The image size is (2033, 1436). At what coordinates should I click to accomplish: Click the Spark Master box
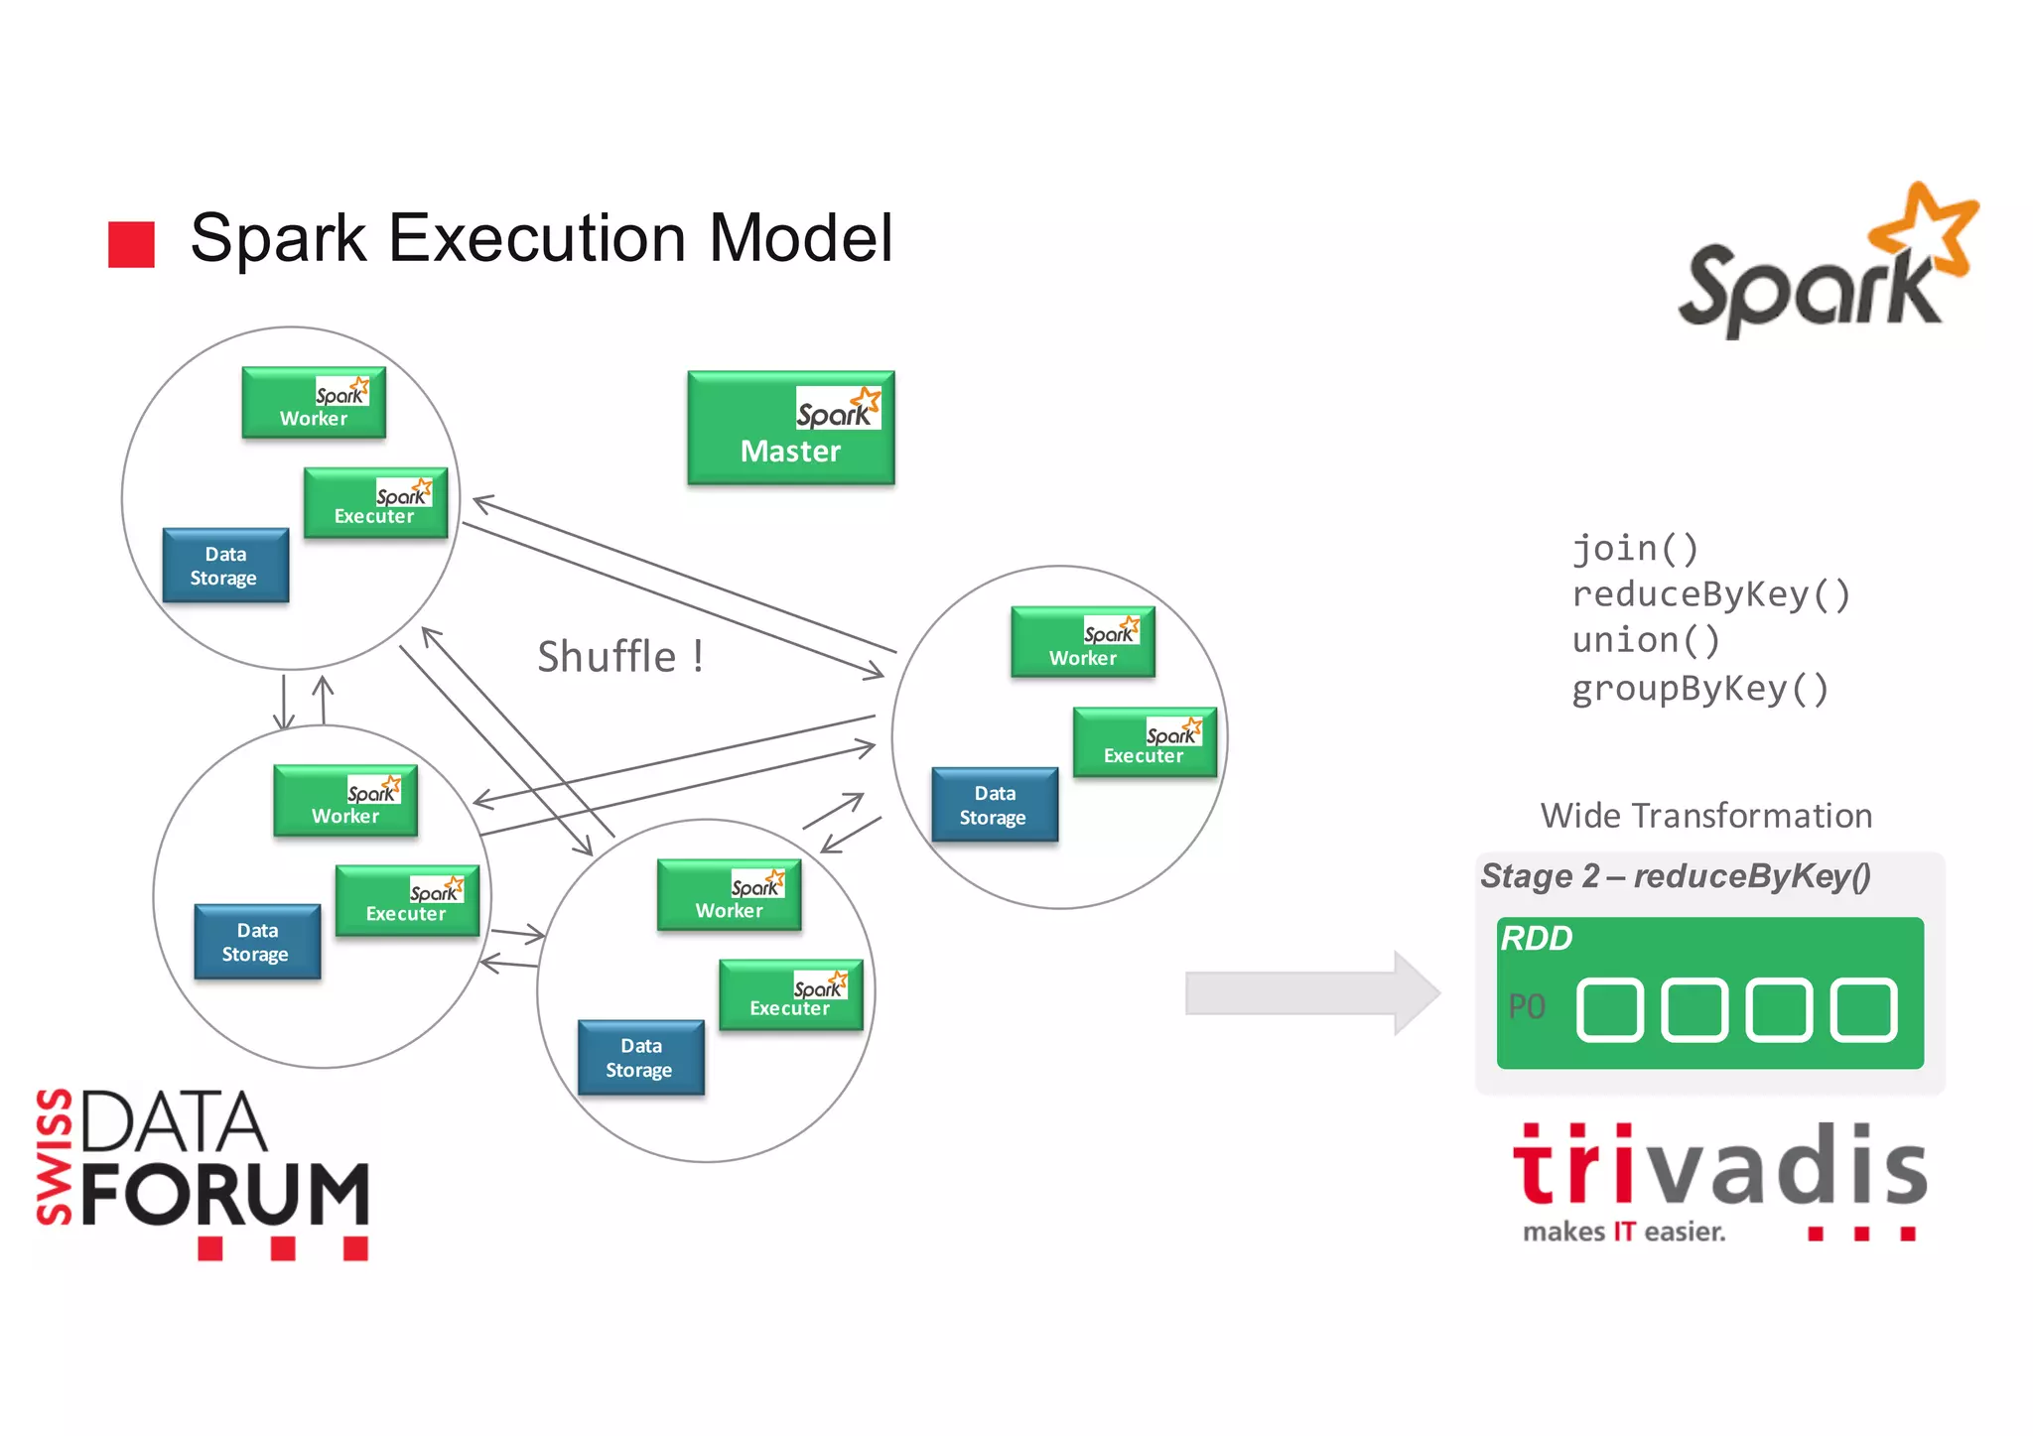click(x=790, y=428)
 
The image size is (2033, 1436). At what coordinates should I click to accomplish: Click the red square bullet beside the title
click(x=131, y=244)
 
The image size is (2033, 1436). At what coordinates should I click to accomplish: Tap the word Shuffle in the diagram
click(x=607, y=657)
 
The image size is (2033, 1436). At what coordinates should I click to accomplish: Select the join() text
click(x=1635, y=548)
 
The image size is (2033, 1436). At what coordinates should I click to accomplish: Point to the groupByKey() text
click(x=1699, y=688)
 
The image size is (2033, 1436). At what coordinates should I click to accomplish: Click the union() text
click(x=1645, y=640)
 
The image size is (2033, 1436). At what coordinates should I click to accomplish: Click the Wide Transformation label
click(x=1705, y=816)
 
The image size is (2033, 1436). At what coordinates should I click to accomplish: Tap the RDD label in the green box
click(x=1536, y=938)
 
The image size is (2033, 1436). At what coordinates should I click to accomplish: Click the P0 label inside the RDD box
click(x=1527, y=1007)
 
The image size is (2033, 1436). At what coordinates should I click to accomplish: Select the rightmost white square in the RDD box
click(x=1863, y=1010)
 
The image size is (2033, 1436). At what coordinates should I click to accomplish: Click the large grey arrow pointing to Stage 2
click(x=1310, y=992)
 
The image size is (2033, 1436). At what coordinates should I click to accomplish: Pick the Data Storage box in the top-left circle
click(x=225, y=566)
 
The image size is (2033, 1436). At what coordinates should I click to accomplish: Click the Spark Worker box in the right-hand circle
click(x=1082, y=642)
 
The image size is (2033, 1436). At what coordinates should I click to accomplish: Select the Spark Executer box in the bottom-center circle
click(x=790, y=994)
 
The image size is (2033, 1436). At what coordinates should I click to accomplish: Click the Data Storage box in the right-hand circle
click(x=994, y=805)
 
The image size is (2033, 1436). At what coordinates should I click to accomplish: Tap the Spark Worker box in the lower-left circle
click(x=344, y=800)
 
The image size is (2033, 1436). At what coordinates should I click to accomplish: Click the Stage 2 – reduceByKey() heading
click(x=1675, y=876)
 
